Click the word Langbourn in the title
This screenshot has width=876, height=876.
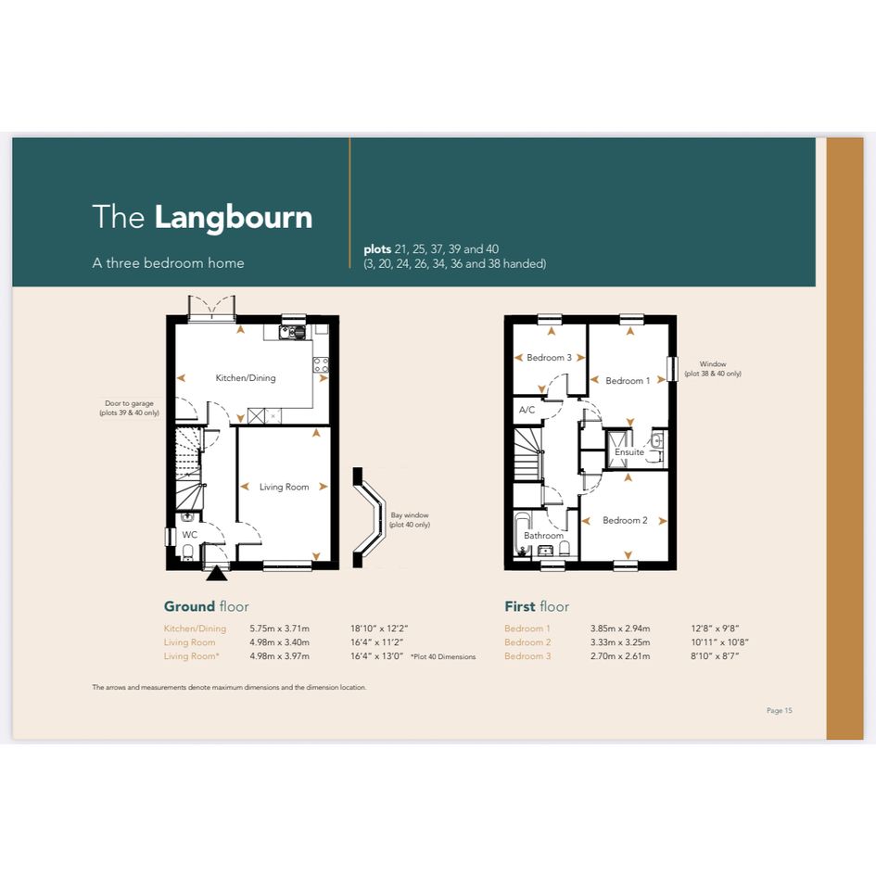[233, 217]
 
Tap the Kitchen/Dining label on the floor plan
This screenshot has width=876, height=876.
[246, 378]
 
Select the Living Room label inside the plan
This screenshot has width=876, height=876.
[285, 488]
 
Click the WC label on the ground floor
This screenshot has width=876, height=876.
[189, 535]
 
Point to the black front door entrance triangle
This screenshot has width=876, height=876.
[217, 574]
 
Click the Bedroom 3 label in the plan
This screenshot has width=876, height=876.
[549, 358]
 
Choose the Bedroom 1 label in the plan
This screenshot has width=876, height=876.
[628, 381]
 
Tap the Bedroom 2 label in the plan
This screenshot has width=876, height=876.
[625, 521]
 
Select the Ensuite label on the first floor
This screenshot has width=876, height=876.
[629, 452]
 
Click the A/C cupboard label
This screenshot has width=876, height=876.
[527, 410]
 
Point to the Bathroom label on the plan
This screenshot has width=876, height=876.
[543, 536]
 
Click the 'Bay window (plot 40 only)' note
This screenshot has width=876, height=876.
[410, 520]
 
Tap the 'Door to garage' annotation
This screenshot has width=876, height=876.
[129, 408]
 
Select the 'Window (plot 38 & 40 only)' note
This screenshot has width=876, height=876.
[713, 369]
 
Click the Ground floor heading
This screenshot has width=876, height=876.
[206, 607]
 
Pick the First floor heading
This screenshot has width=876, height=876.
[537, 607]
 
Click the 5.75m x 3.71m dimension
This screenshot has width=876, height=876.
[279, 628]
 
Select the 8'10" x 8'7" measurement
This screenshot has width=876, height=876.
[715, 656]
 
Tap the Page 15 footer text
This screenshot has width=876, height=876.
[780, 711]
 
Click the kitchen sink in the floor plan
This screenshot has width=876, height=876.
[293, 333]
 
